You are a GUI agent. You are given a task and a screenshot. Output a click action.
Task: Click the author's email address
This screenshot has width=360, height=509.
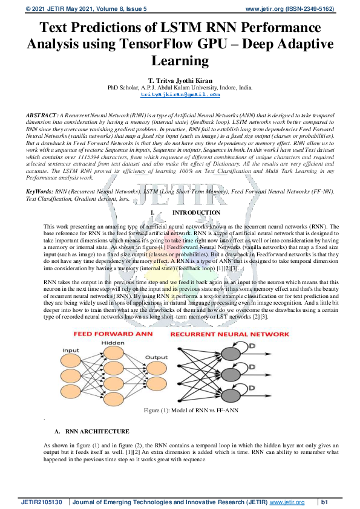pos(180,95)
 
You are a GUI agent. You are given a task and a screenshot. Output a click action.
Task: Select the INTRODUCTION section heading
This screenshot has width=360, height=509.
pos(194,213)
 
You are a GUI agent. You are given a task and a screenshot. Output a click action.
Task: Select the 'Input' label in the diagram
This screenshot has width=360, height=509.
pos(71,351)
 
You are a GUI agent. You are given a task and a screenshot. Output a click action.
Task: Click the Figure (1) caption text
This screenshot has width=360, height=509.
pos(180,411)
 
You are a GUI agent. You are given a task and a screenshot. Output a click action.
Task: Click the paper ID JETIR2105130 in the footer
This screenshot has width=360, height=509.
pos(42,502)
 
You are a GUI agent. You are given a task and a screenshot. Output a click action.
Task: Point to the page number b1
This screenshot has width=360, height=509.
pos(324,502)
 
